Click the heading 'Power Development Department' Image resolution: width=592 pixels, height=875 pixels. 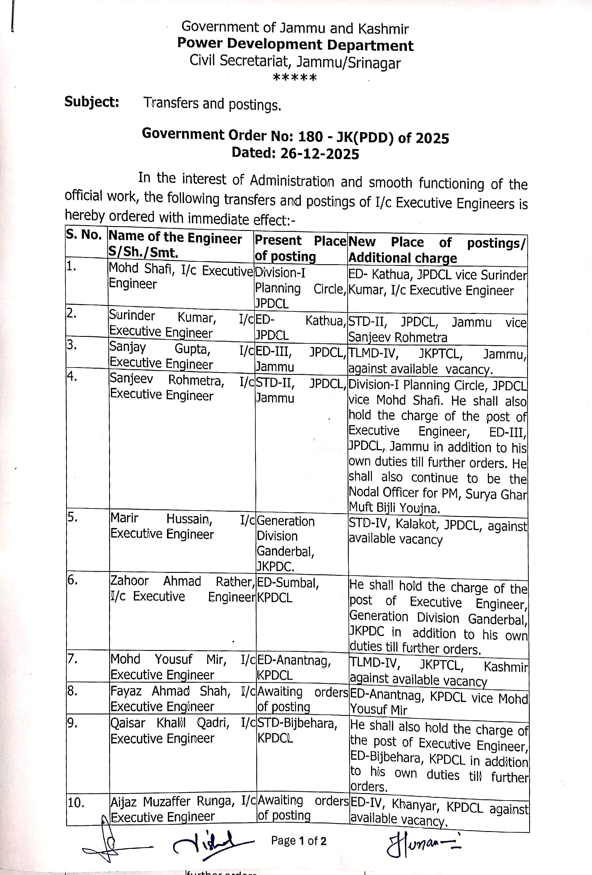295,45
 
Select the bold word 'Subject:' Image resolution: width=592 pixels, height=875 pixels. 92,102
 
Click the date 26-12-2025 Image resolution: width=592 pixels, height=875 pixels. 319,154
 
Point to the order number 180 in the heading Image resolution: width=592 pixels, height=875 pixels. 310,136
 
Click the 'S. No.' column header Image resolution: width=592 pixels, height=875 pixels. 84,235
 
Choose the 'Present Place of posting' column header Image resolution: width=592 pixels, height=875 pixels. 300,248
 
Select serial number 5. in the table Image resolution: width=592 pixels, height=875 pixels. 73,517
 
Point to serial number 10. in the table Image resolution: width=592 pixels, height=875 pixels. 76,802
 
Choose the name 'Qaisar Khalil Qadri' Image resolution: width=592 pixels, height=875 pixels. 170,723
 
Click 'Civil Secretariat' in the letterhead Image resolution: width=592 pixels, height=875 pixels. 239,60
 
